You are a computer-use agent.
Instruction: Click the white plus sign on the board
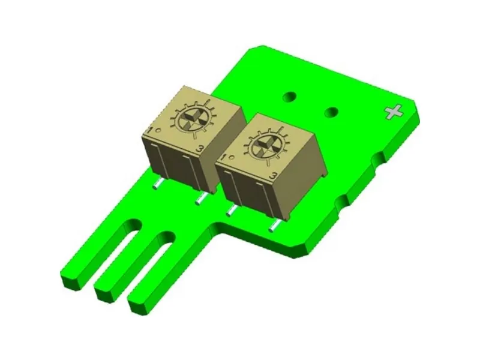pos(394,112)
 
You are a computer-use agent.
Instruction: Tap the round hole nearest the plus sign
pos(332,112)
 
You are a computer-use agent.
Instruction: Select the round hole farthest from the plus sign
pos(290,97)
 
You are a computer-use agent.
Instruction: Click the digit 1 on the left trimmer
pos(151,131)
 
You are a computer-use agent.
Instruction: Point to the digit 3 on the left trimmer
pos(199,149)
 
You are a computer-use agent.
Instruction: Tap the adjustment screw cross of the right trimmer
pos(265,146)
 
